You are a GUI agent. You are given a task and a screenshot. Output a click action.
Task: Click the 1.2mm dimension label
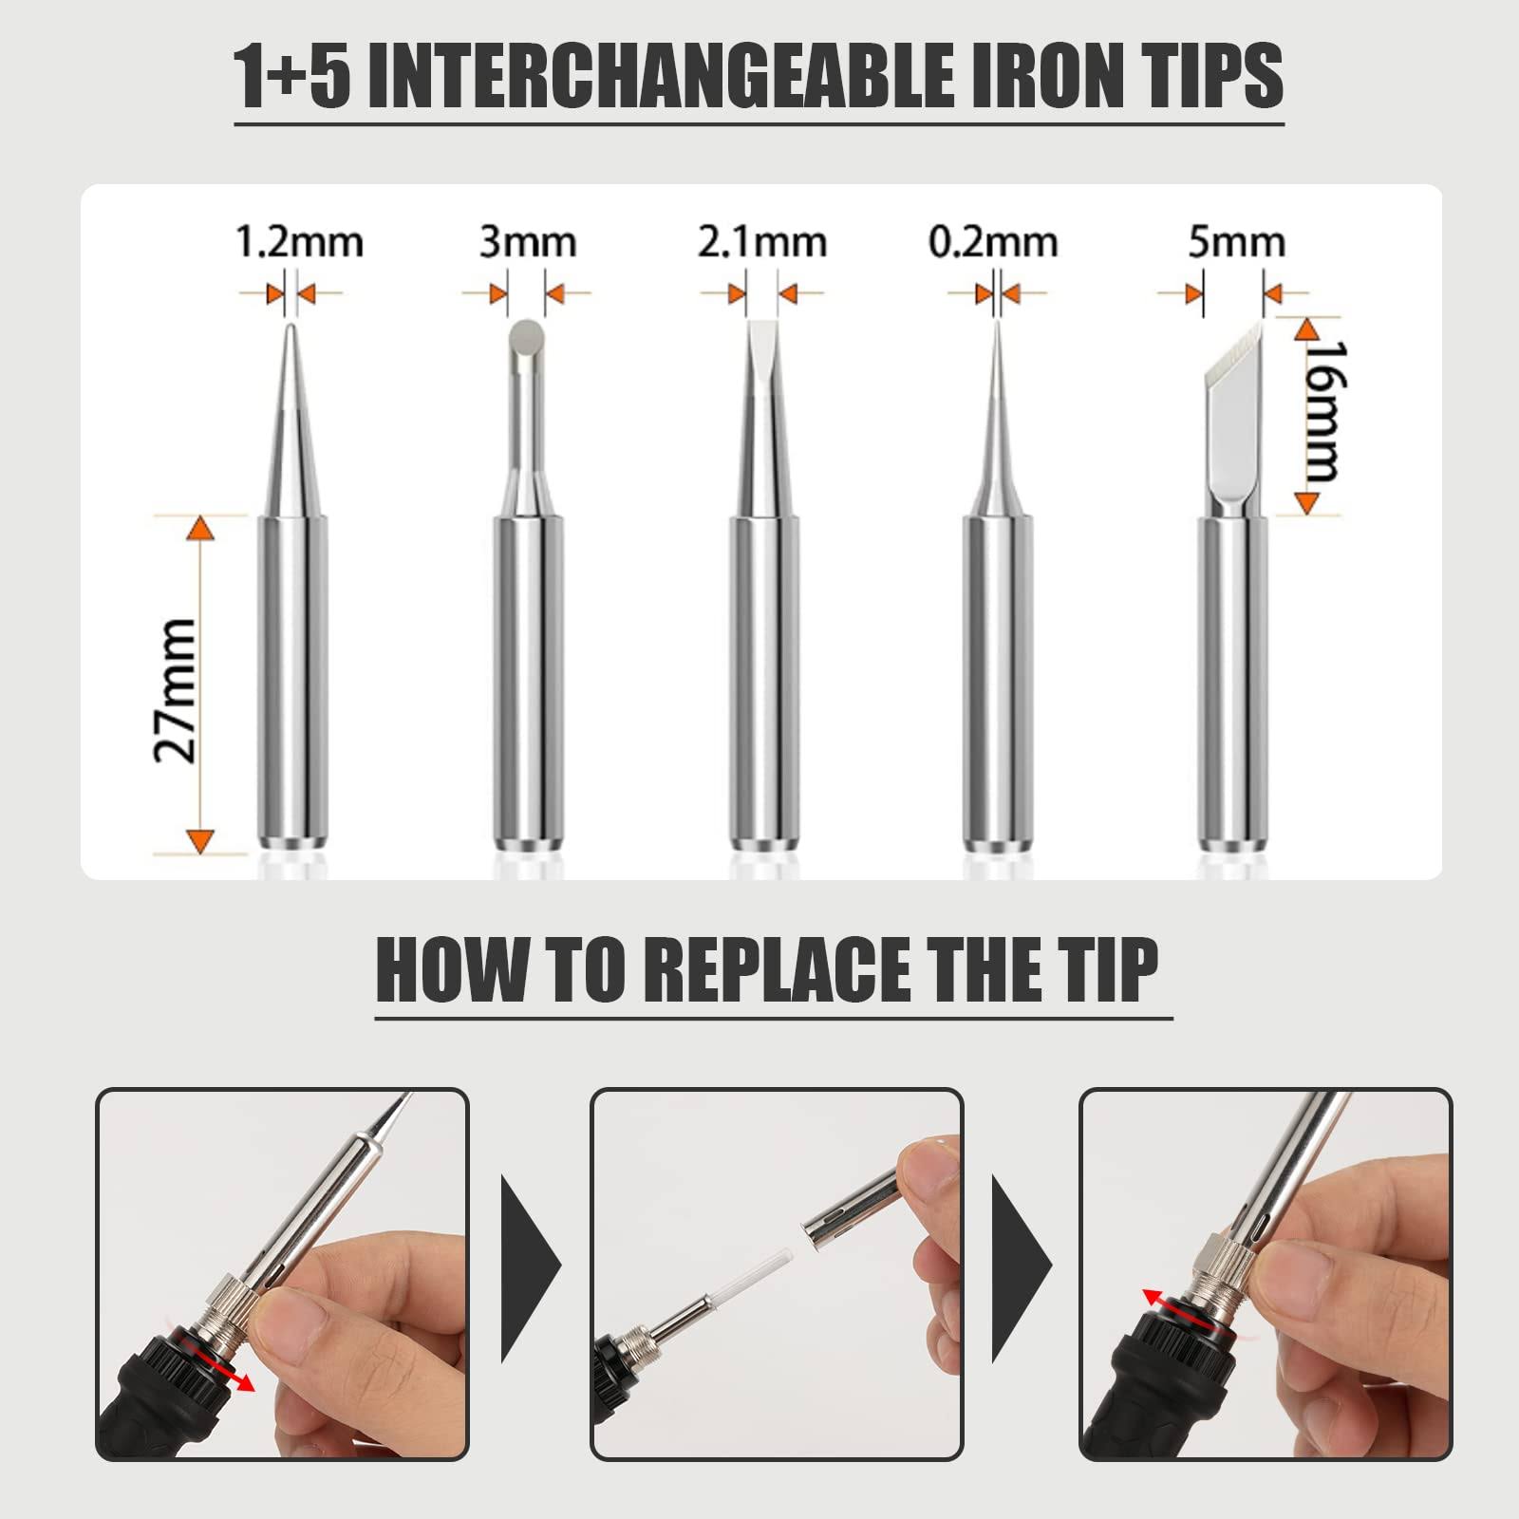(299, 242)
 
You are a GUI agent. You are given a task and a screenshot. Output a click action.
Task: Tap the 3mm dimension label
(527, 242)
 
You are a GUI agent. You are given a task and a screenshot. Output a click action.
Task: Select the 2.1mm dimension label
(761, 242)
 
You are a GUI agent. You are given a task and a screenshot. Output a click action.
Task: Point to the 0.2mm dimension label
(993, 242)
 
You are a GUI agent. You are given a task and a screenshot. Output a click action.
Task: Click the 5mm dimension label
(1236, 242)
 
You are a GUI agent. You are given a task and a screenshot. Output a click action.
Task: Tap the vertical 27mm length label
(177, 690)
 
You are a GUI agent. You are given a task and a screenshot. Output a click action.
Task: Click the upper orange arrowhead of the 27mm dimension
(199, 528)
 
